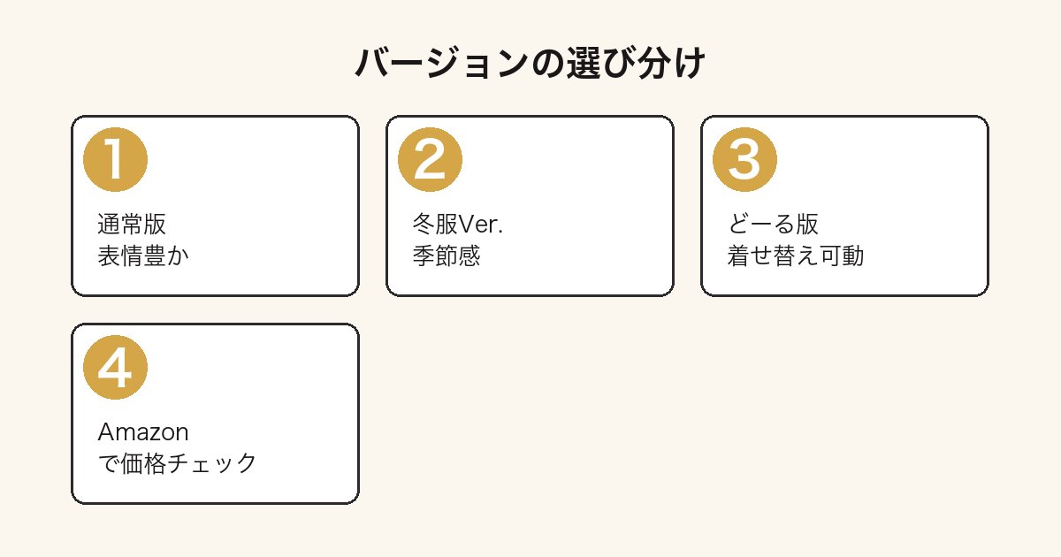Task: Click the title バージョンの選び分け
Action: pyautogui.click(x=530, y=63)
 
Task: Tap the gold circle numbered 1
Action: pyautogui.click(x=115, y=160)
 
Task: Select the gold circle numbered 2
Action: pyautogui.click(x=430, y=160)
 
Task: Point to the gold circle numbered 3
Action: pyautogui.click(x=744, y=160)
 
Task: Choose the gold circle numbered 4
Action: pyautogui.click(x=115, y=368)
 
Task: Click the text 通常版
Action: pyautogui.click(x=132, y=224)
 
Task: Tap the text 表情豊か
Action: pyautogui.click(x=143, y=256)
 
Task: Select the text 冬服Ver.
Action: pyautogui.click(x=458, y=224)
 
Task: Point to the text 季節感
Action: pyautogui.click(x=447, y=256)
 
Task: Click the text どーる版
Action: pyautogui.click(x=773, y=224)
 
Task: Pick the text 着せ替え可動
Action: pyautogui.click(x=796, y=256)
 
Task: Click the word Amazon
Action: pyautogui.click(x=143, y=432)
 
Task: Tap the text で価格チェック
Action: pyautogui.click(x=177, y=463)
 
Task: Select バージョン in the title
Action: pyautogui.click(x=442, y=63)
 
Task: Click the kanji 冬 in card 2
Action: pyautogui.click(x=424, y=224)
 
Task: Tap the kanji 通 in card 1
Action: pyautogui.click(x=109, y=224)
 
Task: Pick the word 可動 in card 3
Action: pyautogui.click(x=842, y=256)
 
